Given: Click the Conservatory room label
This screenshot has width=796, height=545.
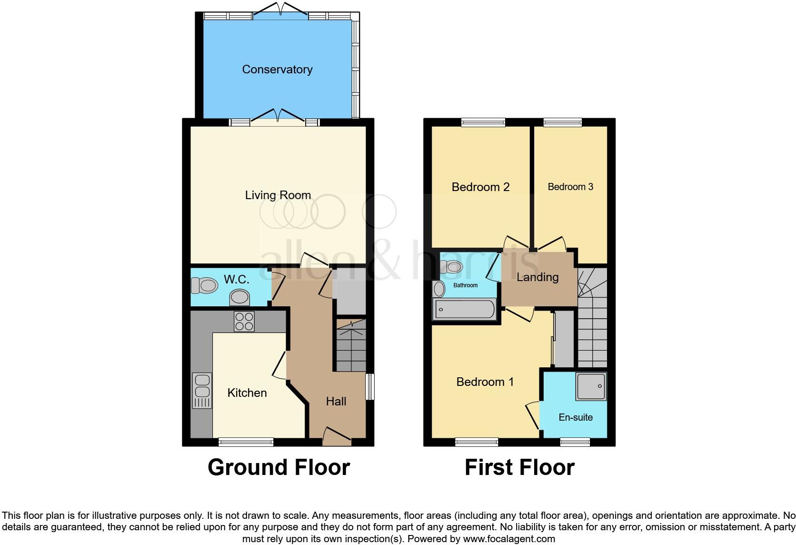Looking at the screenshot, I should click(277, 70).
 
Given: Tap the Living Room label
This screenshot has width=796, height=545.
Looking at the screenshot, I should click(278, 195).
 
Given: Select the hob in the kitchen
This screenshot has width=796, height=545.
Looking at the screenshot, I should click(244, 322).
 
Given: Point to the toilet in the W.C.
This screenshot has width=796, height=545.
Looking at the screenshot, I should click(204, 286).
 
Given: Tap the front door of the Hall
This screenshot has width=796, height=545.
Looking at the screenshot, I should click(337, 437).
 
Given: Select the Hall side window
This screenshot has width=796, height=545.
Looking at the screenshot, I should click(369, 386).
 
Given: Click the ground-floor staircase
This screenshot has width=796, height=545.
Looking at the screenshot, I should click(351, 346).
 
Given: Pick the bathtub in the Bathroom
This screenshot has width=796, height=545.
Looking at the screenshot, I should click(464, 310).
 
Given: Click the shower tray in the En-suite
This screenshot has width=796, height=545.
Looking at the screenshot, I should click(591, 386).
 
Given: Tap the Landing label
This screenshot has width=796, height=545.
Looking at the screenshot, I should click(537, 277).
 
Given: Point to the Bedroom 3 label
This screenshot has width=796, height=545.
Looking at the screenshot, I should click(570, 187).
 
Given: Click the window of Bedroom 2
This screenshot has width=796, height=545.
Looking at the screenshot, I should click(483, 122).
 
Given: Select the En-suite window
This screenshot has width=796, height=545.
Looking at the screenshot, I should click(575, 442).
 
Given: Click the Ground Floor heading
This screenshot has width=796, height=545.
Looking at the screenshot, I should click(279, 467).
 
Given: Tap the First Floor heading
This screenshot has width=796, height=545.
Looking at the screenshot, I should click(519, 467).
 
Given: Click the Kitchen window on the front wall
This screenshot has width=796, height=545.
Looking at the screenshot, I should click(246, 442).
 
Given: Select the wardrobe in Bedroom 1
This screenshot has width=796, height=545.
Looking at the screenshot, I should click(565, 338).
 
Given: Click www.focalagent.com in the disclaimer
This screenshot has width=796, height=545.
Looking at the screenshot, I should click(508, 539).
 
